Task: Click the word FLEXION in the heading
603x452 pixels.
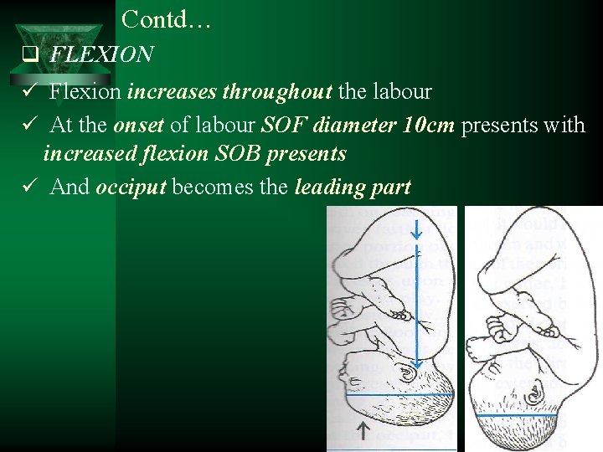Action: coord(101,55)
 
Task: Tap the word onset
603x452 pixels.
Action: coord(140,126)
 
